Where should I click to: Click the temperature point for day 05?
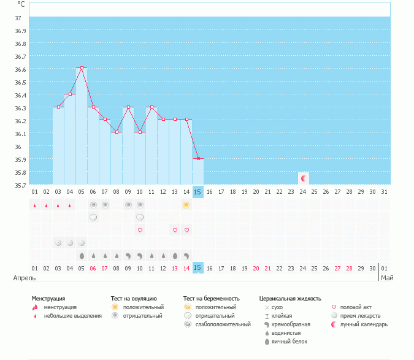81,68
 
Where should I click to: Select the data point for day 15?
197,158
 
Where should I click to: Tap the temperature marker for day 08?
116,132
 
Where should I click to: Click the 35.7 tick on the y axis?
21,185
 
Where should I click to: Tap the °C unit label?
21,4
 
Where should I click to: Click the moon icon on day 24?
302,178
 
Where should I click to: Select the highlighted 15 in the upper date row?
197,192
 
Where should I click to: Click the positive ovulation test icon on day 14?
186,205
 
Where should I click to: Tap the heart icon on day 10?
139,231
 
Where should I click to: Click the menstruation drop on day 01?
34,205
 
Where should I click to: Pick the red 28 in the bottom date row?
349,268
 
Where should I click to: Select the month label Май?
386,278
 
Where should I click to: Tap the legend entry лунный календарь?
364,324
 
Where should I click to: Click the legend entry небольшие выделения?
72,316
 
